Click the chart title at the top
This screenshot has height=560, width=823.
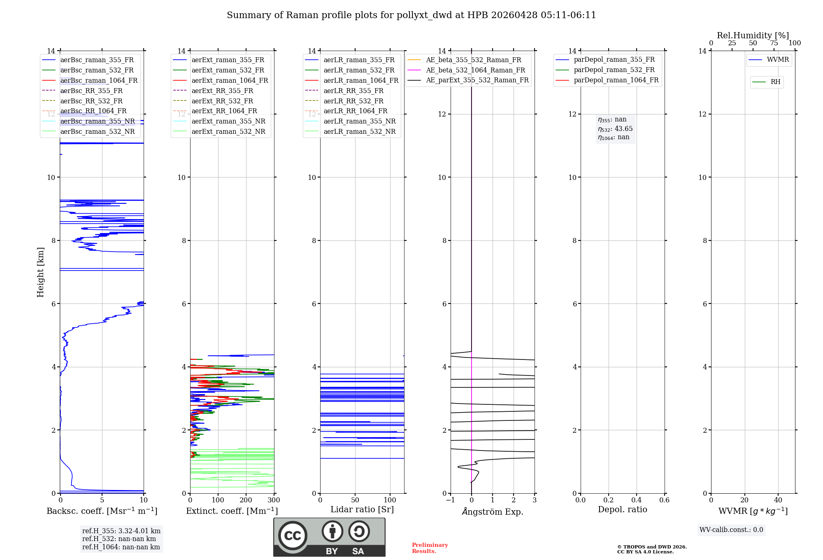(411, 15)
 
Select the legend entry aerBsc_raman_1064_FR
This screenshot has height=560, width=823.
(99, 80)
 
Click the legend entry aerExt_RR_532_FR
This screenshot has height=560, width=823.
(222, 101)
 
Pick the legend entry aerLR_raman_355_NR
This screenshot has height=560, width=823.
(359, 121)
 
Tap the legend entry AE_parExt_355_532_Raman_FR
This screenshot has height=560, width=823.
(477, 80)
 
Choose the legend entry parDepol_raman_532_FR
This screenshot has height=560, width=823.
(614, 70)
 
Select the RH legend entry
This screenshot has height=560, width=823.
(775, 82)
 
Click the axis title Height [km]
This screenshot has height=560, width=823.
(40, 272)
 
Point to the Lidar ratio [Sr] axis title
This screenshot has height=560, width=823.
(362, 509)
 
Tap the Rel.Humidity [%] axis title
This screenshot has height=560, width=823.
(753, 35)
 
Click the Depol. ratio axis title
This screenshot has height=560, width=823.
(622, 509)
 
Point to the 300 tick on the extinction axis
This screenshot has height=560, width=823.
(274, 500)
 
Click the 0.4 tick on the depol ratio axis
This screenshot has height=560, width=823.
(636, 500)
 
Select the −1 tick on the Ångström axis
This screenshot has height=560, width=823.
(450, 500)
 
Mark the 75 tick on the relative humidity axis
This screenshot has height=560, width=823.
(774, 43)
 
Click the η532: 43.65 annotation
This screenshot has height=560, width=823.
(615, 129)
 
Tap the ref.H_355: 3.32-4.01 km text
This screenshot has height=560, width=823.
(121, 531)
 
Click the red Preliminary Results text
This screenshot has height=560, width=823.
(430, 548)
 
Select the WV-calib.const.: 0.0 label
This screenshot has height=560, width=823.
(731, 530)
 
